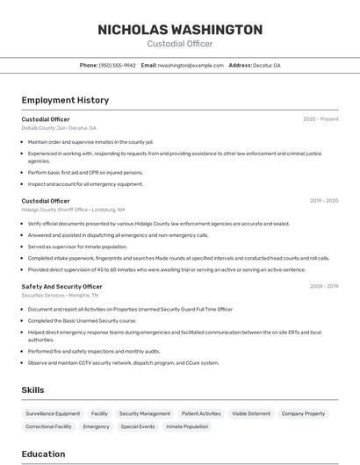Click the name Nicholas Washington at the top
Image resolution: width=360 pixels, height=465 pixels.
point(180,29)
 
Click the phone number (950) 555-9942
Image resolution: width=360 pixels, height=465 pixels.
point(117,65)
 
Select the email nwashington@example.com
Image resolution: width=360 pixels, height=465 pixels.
point(191,65)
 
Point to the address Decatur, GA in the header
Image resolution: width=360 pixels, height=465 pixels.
point(264,65)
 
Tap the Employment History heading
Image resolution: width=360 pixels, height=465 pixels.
point(65,100)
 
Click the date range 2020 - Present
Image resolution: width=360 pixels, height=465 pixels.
point(320,119)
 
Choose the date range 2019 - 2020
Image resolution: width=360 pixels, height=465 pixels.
point(324,201)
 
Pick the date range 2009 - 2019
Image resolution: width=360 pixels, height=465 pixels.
point(324,286)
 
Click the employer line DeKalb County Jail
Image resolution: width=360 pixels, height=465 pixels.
point(59,128)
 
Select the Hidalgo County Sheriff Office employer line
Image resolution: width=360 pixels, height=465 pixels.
point(73,210)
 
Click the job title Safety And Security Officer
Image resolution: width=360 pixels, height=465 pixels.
point(61,286)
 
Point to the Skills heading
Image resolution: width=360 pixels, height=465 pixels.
point(33,390)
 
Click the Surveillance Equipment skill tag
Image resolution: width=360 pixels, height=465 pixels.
point(53,413)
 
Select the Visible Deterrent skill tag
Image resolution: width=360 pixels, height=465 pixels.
point(251,413)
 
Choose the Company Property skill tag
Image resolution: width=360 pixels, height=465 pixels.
point(303,413)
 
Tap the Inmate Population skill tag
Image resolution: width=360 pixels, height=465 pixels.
point(187,426)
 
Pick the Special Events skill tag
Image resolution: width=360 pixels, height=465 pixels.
point(138,426)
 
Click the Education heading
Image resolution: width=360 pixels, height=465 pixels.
point(43,454)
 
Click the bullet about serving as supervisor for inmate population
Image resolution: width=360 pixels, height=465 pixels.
point(77,247)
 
